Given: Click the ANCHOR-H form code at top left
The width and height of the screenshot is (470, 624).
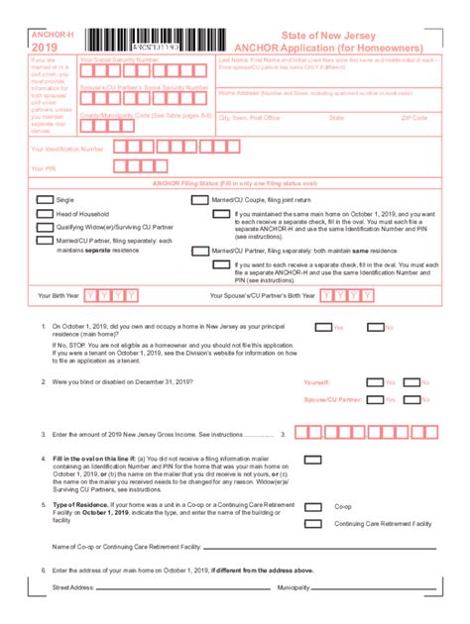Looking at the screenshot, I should coord(52,35).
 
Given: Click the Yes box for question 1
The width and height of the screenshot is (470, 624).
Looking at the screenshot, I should coord(322,327).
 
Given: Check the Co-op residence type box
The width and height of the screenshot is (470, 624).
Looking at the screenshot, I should coord(312,506).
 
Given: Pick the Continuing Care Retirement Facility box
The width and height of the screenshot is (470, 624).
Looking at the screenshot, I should coord(312,522).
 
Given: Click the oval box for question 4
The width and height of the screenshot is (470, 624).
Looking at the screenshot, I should coord(312,460).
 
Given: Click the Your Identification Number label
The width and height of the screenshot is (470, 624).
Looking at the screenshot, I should coord(67,149).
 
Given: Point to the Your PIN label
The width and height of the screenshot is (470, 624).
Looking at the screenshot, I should coord(44,168).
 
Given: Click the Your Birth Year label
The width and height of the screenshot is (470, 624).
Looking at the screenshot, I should coord(58,295).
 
